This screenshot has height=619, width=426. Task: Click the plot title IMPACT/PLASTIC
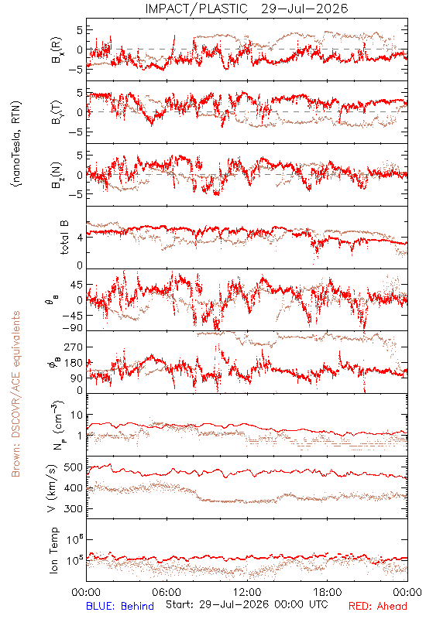[196, 9]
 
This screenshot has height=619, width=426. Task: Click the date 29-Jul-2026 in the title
[304, 9]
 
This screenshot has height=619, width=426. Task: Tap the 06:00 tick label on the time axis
[167, 592]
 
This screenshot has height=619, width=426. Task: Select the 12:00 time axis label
[247, 592]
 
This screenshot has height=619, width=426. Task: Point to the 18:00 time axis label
[328, 592]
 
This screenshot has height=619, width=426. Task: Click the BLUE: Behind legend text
[120, 606]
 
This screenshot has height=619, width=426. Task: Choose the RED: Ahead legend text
[377, 606]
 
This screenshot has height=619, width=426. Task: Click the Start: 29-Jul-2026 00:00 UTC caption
[246, 604]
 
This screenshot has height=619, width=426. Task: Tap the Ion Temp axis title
[53, 550]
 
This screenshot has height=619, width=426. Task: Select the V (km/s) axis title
[52, 488]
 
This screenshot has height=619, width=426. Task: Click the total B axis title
[64, 238]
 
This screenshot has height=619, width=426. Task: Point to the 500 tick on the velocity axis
[73, 467]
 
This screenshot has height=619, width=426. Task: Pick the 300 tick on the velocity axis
[73, 509]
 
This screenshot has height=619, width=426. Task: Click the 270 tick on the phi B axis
[73, 347]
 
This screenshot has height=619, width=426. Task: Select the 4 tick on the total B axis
[80, 238]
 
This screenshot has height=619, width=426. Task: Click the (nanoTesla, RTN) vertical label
[16, 144]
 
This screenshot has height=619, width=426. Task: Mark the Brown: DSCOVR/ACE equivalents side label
[15, 394]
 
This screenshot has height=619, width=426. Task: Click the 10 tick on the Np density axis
[77, 416]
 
